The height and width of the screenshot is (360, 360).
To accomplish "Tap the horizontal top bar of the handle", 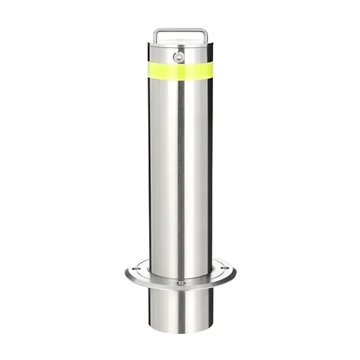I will (x=180, y=30).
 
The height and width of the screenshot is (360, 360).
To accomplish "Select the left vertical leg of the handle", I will (x=155, y=37).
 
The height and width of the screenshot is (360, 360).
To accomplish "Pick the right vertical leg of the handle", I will (x=207, y=37).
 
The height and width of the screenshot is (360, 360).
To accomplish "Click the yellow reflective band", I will (x=180, y=71).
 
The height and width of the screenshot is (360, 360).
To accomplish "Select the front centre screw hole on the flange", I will (x=180, y=284).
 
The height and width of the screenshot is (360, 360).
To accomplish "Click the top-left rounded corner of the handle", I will (x=156, y=30).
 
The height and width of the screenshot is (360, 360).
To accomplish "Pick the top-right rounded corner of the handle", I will (x=206, y=30).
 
